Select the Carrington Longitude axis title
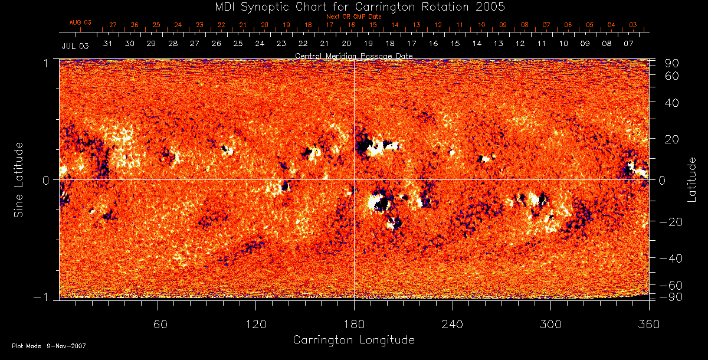pyautogui.click(x=353, y=340)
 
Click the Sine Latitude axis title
pyautogui.click(x=19, y=179)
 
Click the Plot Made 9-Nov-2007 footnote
pyautogui.click(x=49, y=346)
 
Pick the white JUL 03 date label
pyautogui.click(x=75, y=45)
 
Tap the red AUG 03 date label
pyautogui.click(x=80, y=22)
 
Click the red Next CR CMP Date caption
pyautogui.click(x=354, y=17)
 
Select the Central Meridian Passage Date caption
pyautogui.click(x=353, y=55)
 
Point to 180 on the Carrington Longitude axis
pyautogui.click(x=354, y=323)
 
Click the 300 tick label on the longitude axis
pyautogui.click(x=550, y=323)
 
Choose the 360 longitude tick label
pyautogui.click(x=648, y=323)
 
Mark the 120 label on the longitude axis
pyautogui.click(x=255, y=323)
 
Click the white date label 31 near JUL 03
pyautogui.click(x=108, y=44)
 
